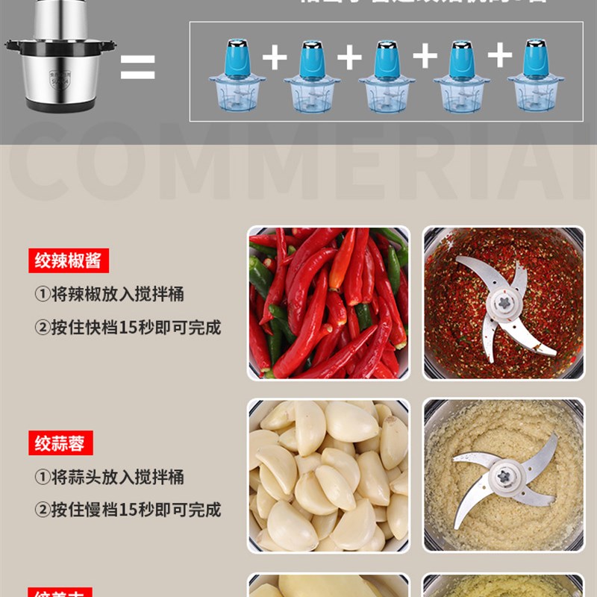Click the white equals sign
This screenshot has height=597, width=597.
pos(137,67)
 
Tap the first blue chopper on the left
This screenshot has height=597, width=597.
pos(237,77)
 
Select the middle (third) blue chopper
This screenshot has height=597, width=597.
pos(386,77)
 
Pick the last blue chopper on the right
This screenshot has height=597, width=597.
pos(535,77)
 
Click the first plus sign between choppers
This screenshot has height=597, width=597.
pos(275,57)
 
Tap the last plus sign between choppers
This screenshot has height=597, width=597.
pos(500,57)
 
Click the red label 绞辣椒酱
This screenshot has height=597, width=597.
pos(69,260)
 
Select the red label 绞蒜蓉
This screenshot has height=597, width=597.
pos(60,443)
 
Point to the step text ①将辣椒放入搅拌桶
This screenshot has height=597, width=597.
pos(109,294)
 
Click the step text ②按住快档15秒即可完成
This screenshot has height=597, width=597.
pos(128,327)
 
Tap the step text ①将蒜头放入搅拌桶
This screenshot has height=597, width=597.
pos(109,477)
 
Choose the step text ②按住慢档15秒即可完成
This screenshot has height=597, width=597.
pos(128,510)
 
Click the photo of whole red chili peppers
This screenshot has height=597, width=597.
pos(329,303)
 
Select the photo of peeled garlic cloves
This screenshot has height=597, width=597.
pos(329,475)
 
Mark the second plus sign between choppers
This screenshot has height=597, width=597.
pos(349,57)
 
